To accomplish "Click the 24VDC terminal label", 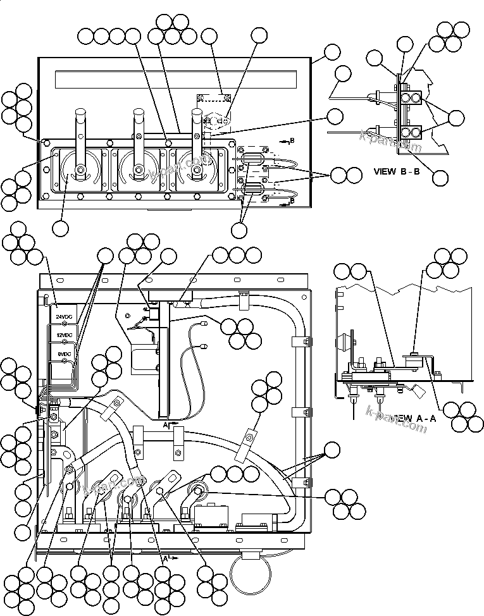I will click(x=63, y=316).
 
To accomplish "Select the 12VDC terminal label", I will click(x=63, y=335).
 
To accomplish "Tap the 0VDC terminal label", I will click(x=63, y=354).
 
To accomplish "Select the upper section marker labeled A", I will click(x=166, y=426).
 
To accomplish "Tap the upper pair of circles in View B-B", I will click(x=410, y=97).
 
